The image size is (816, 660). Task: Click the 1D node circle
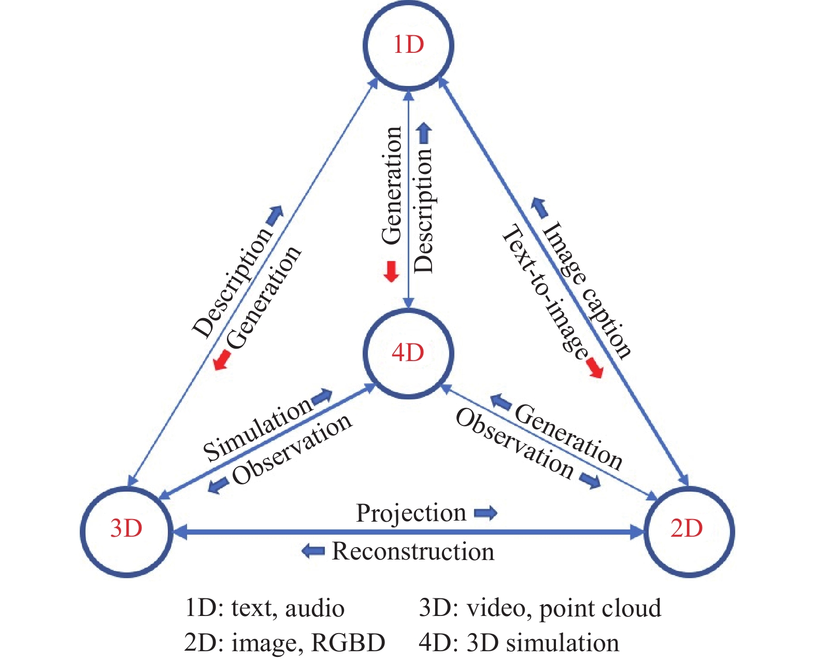[x=408, y=45]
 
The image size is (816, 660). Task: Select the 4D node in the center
[x=408, y=353]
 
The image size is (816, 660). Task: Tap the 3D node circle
[x=126, y=530]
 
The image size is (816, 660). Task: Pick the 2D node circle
[x=688, y=530]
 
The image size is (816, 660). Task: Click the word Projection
[x=411, y=513]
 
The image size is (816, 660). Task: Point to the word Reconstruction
[x=413, y=551]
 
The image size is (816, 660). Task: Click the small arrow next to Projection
[x=485, y=513]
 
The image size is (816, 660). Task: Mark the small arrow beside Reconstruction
[x=313, y=551]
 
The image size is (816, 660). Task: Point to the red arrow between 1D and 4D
[x=391, y=271]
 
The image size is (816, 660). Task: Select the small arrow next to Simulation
[x=322, y=397]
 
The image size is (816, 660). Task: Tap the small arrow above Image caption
[x=539, y=207]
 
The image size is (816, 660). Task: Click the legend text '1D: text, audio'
[x=264, y=608]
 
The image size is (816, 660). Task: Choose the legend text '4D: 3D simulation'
[x=519, y=643]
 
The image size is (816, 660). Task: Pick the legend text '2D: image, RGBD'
[x=284, y=643]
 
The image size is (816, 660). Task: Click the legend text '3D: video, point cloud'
[x=540, y=608]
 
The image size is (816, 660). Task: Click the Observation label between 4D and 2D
[x=514, y=443]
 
